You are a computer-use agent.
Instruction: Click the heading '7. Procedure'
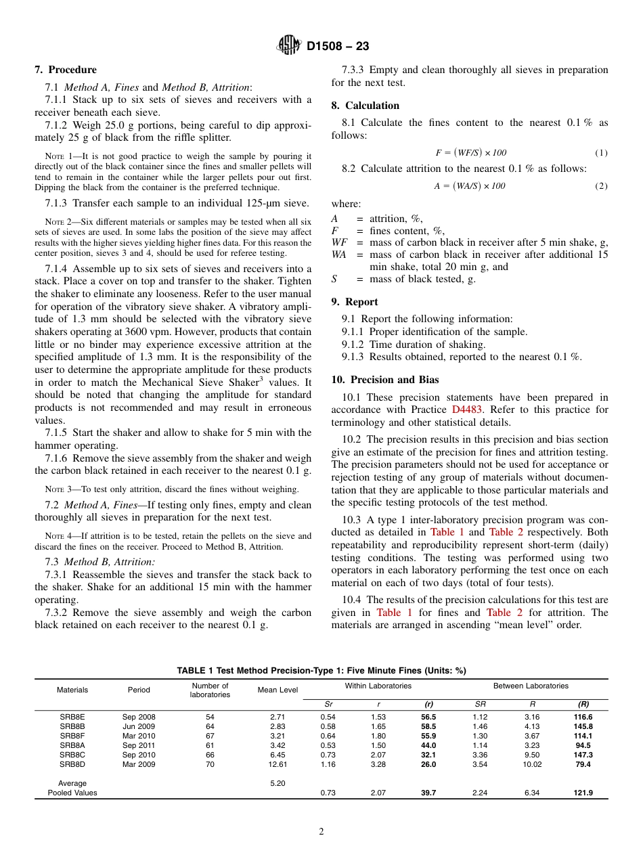66,70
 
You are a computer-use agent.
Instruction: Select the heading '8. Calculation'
365,106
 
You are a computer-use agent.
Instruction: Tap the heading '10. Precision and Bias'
384,380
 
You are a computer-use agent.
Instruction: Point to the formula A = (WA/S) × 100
469,186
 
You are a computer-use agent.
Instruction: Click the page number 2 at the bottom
321,831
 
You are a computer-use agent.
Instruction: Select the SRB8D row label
72,764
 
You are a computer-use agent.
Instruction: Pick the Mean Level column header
278,690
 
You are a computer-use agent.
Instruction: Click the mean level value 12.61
278,764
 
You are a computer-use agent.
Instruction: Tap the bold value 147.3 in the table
583,755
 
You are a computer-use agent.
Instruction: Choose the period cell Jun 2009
139,726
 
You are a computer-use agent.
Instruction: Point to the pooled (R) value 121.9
583,793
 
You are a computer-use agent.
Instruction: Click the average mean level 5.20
278,783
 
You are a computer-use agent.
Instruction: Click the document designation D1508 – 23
338,47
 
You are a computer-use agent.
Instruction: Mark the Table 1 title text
321,671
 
